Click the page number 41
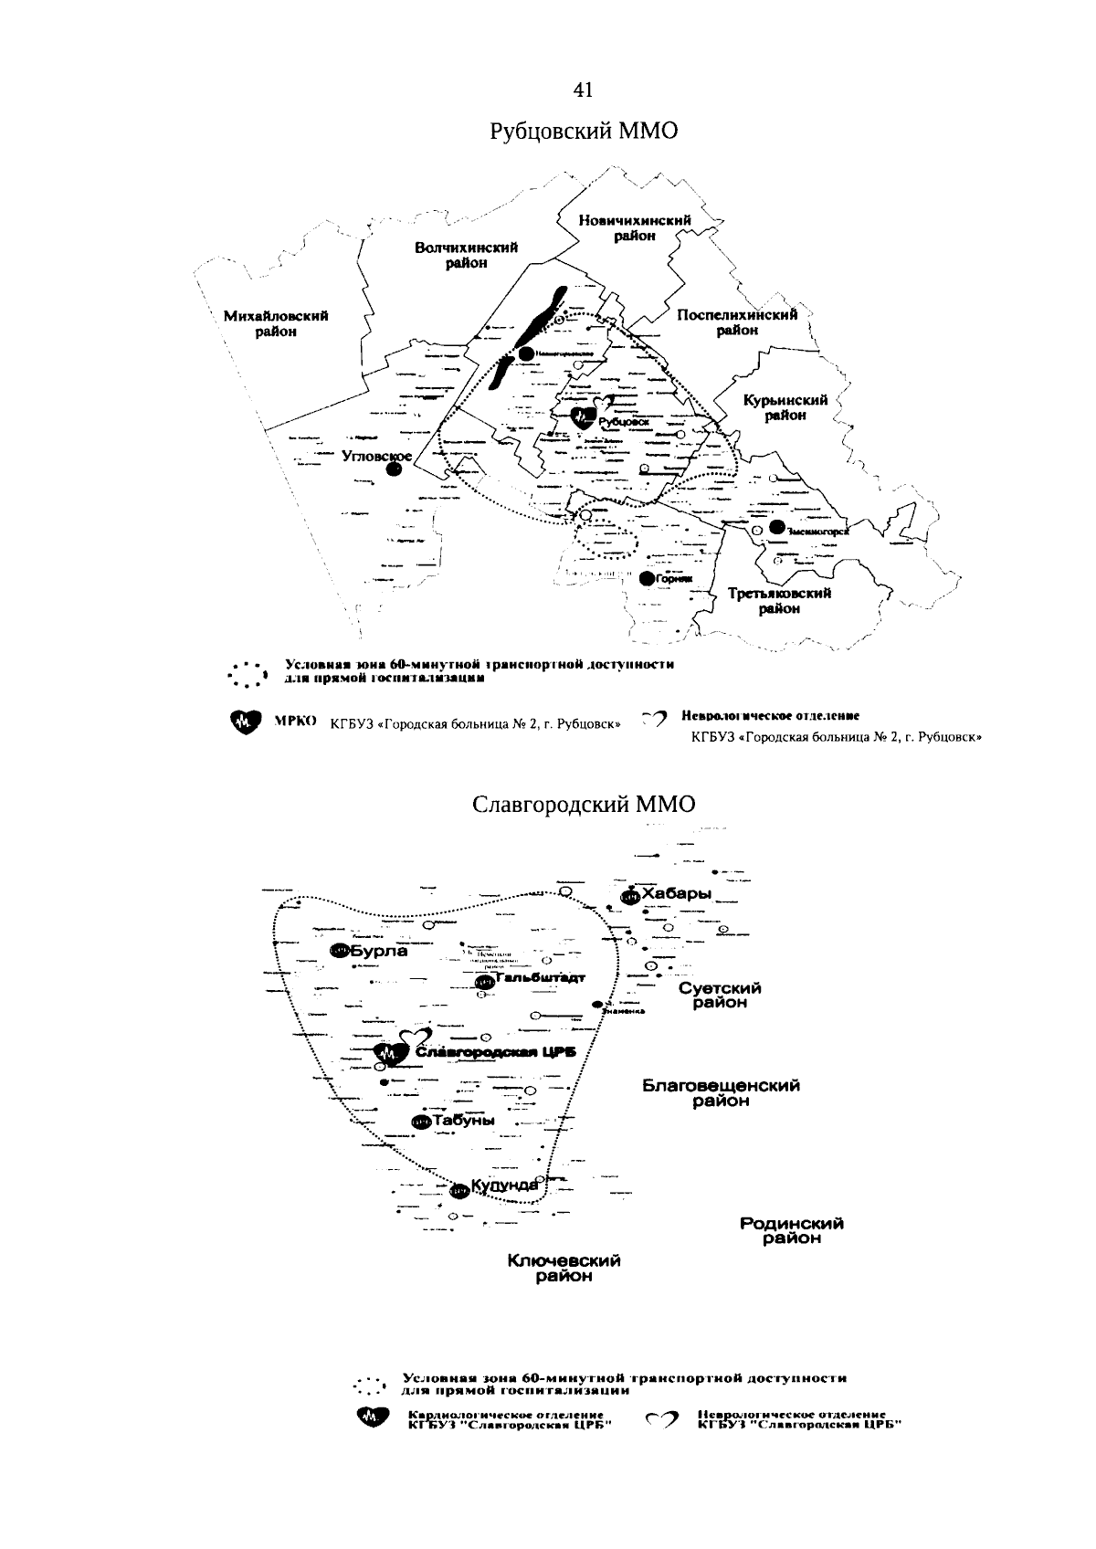584,89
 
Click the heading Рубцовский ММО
584,132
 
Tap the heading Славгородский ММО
584,804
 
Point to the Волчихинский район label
466,255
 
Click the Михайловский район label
276,323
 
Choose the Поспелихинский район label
736,321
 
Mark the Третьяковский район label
779,601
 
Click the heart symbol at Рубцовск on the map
583,417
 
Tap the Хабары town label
676,893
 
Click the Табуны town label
464,1120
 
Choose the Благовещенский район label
721,1092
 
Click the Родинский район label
792,1230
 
